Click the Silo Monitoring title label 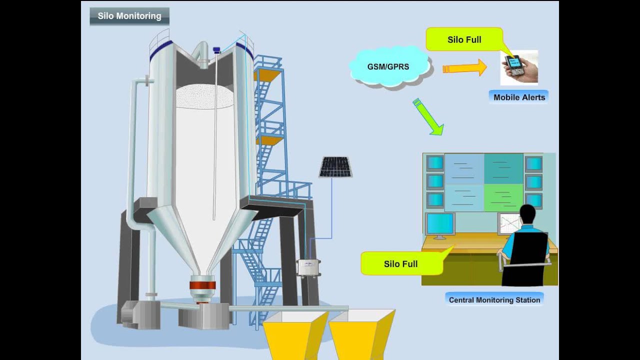coord(129,16)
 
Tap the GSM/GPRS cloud coord(389,66)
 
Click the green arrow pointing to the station coord(428,117)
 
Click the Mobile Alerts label coord(519,97)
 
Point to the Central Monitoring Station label coord(494,300)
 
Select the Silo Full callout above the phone coord(464,39)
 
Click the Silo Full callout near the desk coord(401,263)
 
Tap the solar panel coord(335,167)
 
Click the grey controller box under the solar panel coord(308,268)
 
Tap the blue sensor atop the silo coord(216,50)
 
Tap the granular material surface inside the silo coord(204,96)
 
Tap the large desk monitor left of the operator coord(440,224)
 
